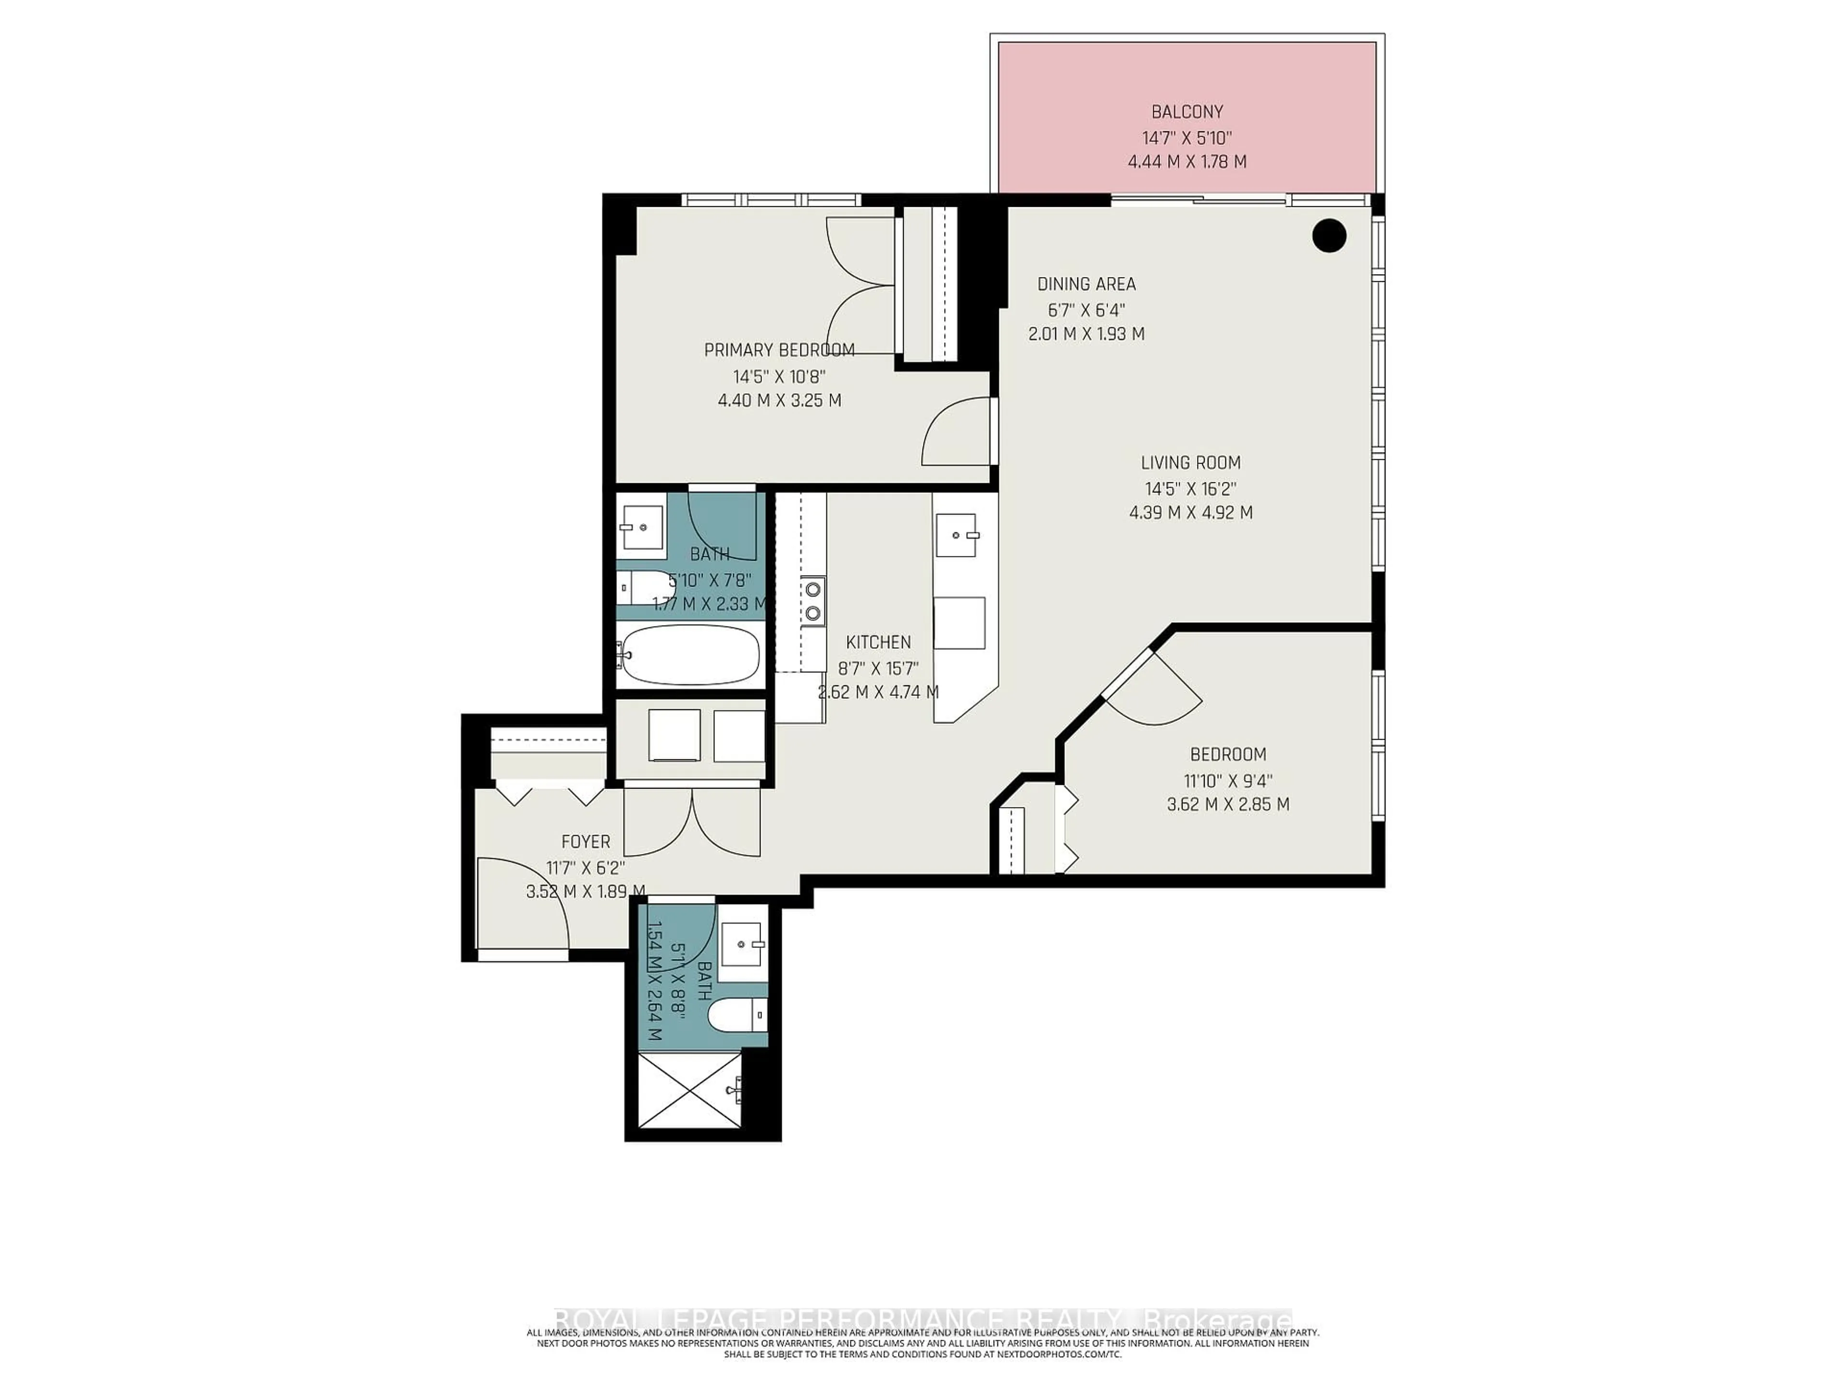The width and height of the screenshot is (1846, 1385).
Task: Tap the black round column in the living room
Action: pos(1329,236)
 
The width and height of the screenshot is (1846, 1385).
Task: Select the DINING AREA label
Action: pos(1086,284)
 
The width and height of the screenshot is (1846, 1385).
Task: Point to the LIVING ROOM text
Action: pos(1190,463)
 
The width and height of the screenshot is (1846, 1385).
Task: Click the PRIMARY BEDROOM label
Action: pos(779,350)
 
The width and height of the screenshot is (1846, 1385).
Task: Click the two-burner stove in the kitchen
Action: pos(812,601)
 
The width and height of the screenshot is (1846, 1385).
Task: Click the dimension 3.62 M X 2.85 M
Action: pos(1228,805)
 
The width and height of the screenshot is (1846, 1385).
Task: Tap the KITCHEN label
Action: pos(878,642)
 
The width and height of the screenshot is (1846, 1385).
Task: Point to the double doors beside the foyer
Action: pos(692,822)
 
